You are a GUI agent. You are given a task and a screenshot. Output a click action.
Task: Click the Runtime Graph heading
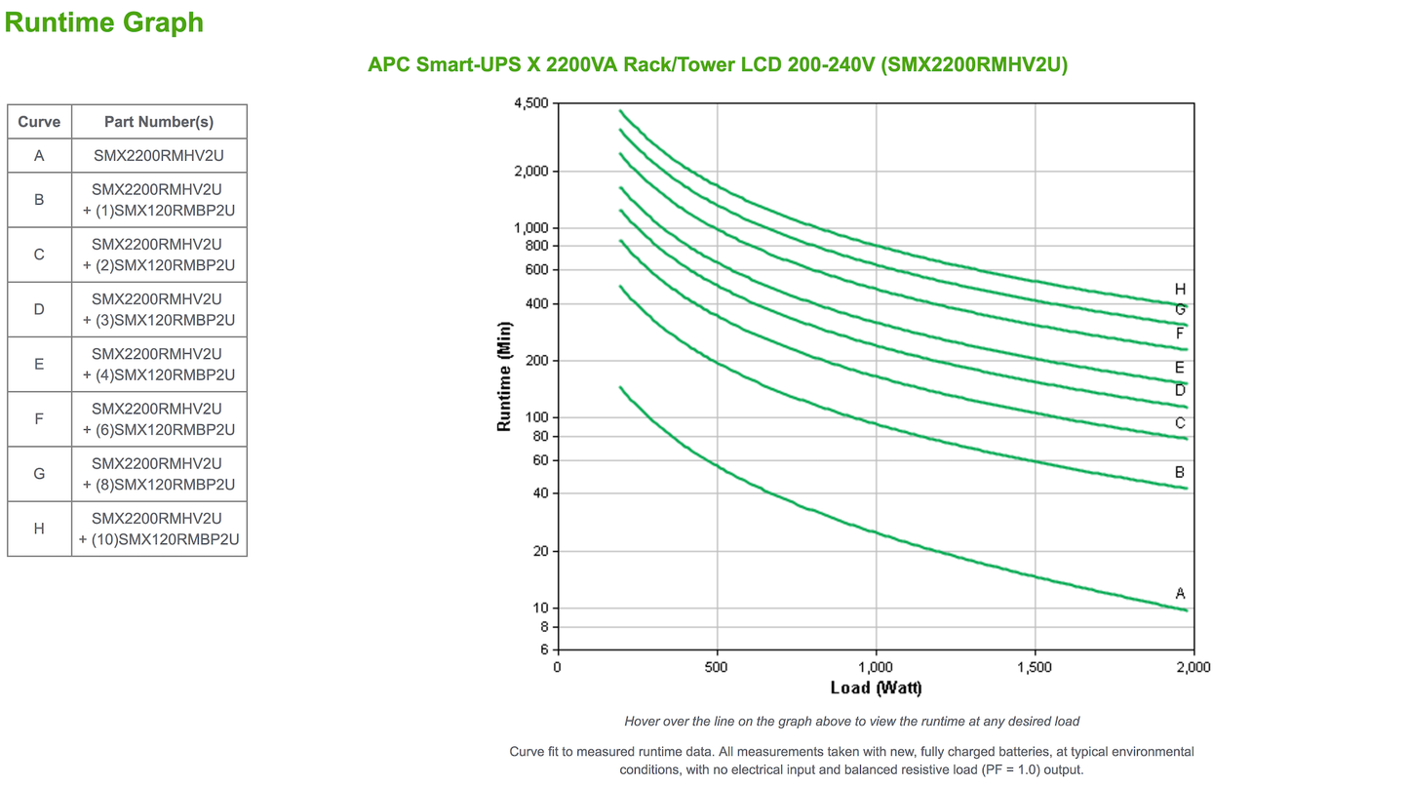[x=104, y=21]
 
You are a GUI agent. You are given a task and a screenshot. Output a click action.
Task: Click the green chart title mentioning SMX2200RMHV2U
[x=718, y=64]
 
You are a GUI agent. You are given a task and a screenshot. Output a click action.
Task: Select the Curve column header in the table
[x=39, y=122]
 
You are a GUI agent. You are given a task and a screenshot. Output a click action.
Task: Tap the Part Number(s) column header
[x=159, y=122]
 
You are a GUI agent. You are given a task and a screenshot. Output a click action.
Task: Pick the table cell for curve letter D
[x=39, y=309]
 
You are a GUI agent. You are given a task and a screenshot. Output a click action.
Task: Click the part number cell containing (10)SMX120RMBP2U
[x=159, y=528]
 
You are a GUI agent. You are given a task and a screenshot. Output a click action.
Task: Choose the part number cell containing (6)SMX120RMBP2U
[x=159, y=418]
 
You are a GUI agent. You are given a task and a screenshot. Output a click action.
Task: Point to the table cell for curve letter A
[x=39, y=155]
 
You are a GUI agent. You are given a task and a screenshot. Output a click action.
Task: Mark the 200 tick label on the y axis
[x=537, y=361]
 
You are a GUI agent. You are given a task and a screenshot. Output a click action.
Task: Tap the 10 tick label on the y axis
[x=541, y=608]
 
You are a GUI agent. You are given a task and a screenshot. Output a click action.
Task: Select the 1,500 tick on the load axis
[x=1034, y=667]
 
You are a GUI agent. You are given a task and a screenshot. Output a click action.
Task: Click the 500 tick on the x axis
[x=717, y=667]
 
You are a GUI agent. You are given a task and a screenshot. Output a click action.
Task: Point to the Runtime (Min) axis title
[x=504, y=375]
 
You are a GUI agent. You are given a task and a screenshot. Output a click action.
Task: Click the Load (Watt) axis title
[x=876, y=688]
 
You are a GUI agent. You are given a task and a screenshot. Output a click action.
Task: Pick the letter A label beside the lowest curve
[x=1180, y=593]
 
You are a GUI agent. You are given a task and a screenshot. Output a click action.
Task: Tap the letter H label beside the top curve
[x=1180, y=289]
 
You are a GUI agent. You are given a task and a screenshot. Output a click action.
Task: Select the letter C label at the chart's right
[x=1180, y=422]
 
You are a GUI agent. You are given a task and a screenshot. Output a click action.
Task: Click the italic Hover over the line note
[x=851, y=722]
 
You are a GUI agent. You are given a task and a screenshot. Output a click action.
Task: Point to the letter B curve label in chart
[x=1180, y=472]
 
